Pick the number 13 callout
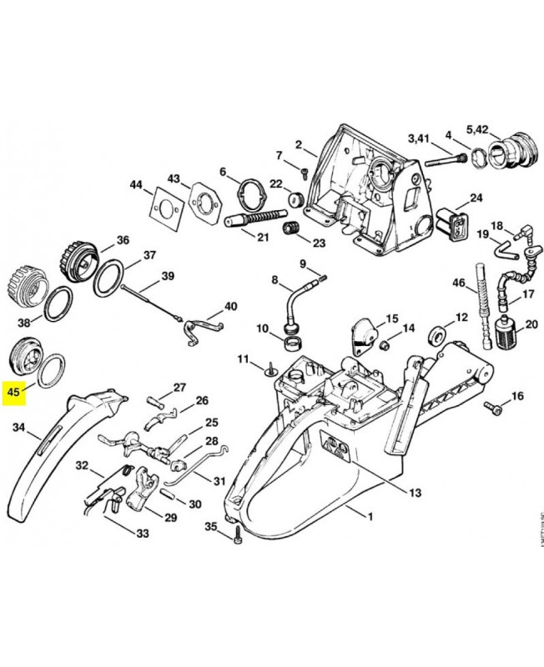[x=415, y=492]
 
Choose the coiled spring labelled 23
[x=291, y=229]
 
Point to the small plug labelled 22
[x=294, y=201]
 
